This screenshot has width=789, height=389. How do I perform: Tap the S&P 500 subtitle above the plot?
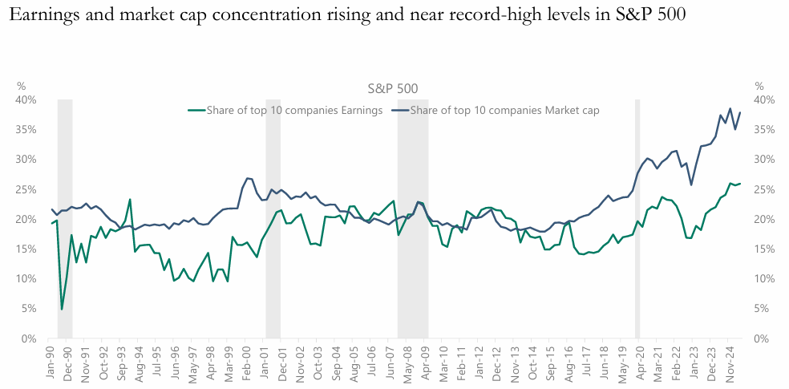click(392, 89)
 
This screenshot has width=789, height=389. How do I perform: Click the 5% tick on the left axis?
click(28, 309)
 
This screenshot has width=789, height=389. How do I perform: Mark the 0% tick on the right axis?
click(765, 338)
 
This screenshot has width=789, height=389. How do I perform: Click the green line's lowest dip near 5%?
click(62, 309)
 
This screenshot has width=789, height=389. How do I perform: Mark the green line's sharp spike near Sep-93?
click(130, 200)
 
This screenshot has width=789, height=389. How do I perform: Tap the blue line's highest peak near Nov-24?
click(730, 108)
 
